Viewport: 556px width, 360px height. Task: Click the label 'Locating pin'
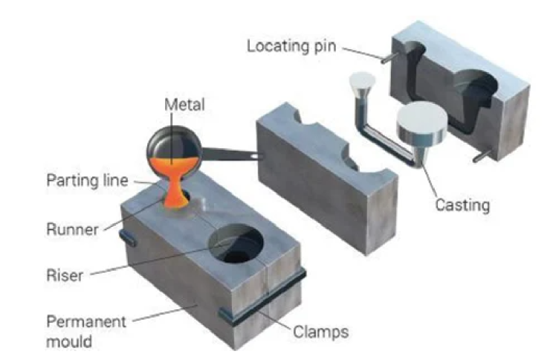click(291, 46)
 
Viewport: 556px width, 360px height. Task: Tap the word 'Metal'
click(184, 106)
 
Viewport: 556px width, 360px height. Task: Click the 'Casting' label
click(462, 204)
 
